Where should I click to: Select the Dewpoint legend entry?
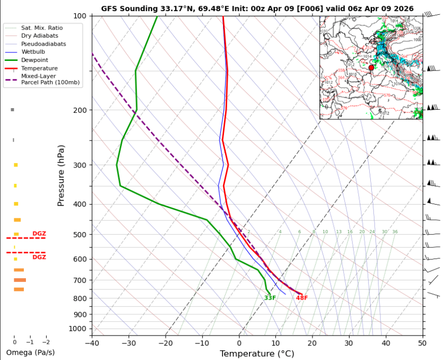click(x=35, y=60)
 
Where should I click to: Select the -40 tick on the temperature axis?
click(x=92, y=343)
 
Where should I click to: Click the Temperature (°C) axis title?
click(x=257, y=353)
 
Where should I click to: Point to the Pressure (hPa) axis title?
click(x=61, y=175)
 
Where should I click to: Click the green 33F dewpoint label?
click(x=270, y=298)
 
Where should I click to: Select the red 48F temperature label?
click(x=302, y=298)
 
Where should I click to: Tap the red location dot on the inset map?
click(x=371, y=68)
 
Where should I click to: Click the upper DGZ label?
click(x=39, y=234)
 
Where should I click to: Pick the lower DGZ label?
click(x=39, y=257)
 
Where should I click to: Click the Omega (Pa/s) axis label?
click(x=30, y=352)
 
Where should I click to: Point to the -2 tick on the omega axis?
click(x=46, y=343)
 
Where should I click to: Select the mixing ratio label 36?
click(x=395, y=232)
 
